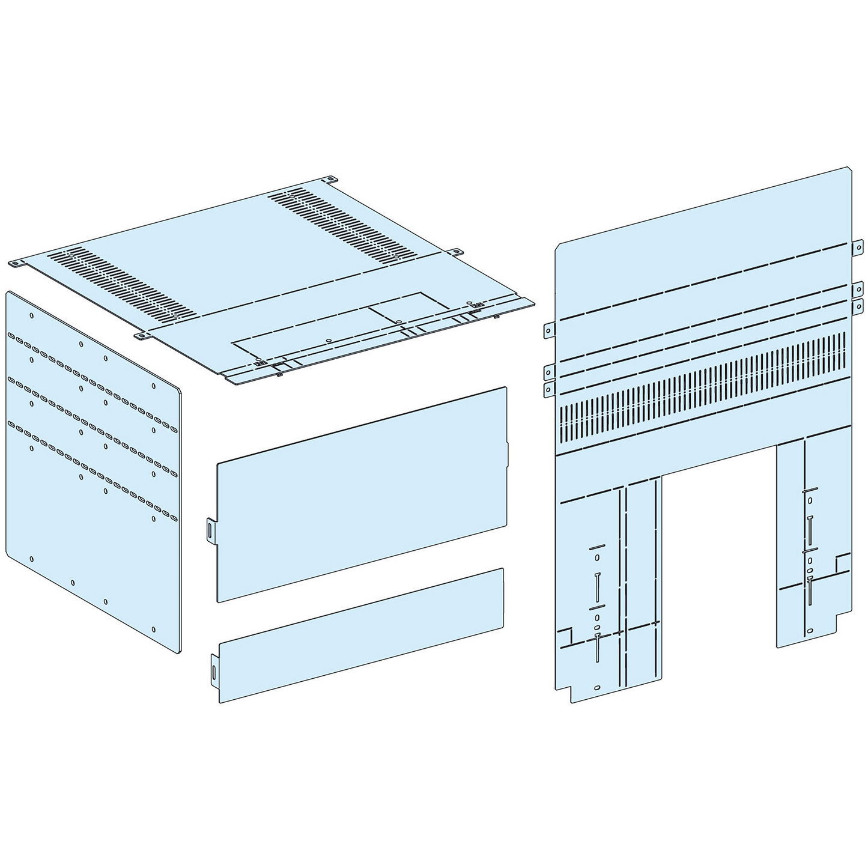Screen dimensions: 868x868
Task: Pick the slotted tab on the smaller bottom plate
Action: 214,668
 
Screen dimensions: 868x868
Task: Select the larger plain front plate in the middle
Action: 360,493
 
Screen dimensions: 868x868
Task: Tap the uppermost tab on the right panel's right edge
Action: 858,247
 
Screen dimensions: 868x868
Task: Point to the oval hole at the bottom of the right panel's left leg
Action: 596,688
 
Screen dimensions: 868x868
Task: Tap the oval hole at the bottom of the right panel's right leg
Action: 810,631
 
